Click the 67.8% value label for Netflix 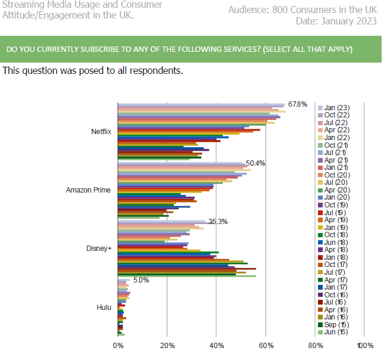coord(298,104)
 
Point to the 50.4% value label coord(255,163)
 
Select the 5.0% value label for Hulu coord(141,280)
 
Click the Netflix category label coord(101,132)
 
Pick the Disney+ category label coord(100,249)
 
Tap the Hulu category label coord(104,307)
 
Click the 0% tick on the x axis coord(118,345)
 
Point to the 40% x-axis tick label coord(217,345)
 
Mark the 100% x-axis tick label coord(364,345)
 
